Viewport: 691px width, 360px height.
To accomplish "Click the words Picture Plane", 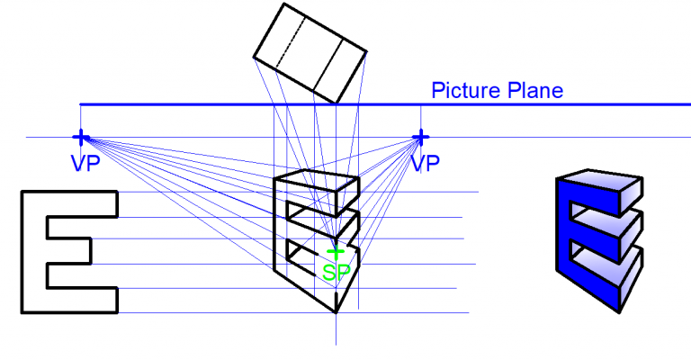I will pos(497,90).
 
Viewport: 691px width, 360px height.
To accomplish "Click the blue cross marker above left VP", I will pos(80,137).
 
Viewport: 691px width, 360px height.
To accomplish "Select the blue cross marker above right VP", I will pos(419,137).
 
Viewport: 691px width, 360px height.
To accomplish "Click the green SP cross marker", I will pos(336,253).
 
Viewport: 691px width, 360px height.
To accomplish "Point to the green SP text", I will pos(336,273).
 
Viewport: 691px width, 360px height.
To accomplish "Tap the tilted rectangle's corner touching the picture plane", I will pos(335,103).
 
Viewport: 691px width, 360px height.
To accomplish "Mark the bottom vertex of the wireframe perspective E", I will pos(336,311).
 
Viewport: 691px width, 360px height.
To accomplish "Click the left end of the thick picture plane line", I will pos(82,104).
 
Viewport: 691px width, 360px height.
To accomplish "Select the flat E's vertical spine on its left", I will pos(33,252).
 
